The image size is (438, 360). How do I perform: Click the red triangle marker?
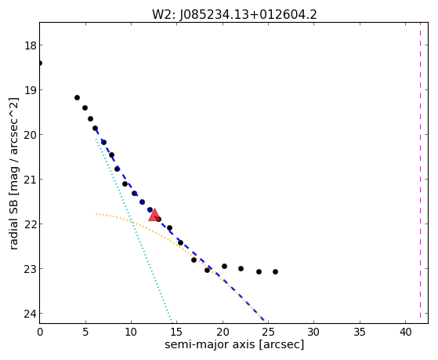[154, 215]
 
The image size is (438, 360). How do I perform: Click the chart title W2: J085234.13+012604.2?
[234, 15]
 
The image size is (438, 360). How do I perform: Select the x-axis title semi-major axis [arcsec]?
[234, 344]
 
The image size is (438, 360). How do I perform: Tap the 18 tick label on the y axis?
[30, 45]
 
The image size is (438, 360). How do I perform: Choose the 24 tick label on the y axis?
[30, 314]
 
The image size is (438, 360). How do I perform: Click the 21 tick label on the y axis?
[30, 180]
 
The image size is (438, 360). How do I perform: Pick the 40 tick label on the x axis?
[405, 333]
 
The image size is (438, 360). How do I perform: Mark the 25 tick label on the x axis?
[268, 333]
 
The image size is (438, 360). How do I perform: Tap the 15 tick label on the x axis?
[177, 333]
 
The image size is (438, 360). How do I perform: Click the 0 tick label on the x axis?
[40, 333]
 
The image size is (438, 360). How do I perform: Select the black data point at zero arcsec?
[40, 63]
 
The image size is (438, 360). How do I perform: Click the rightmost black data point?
[276, 271]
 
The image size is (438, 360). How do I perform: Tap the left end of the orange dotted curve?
[96, 214]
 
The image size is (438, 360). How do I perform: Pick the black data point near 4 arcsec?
[77, 97]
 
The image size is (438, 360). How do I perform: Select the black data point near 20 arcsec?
[224, 266]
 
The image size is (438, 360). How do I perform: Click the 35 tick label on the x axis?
[360, 333]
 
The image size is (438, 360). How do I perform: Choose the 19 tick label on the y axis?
[30, 90]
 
